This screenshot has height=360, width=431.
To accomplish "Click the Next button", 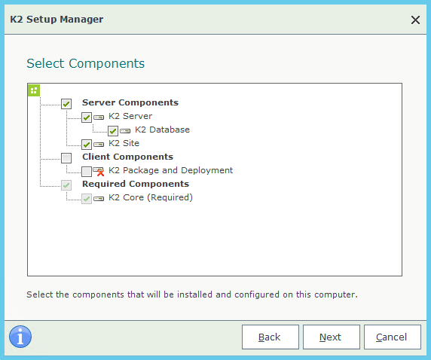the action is point(332,337).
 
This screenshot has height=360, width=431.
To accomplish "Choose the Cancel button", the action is point(393,337).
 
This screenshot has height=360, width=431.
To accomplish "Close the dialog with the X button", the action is point(415,20).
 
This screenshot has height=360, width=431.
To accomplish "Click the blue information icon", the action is point(20,337).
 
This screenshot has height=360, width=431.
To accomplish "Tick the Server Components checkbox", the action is point(66,104).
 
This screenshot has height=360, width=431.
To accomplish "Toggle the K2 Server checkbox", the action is point(87,117).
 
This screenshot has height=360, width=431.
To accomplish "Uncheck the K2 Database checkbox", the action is point(113,131).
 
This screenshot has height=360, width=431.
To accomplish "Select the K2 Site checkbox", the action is point(87,145).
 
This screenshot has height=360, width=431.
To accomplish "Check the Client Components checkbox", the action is point(66,158).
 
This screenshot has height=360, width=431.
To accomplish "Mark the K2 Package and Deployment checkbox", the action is point(87,172).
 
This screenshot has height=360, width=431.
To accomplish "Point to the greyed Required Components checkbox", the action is point(66,185).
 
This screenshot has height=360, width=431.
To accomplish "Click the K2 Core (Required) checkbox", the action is point(87,198).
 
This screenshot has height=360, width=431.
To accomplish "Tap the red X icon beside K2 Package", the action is point(101,173).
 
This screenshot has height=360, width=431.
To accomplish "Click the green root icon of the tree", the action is point(34,90).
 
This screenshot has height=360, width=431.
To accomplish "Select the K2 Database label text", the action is point(163,130).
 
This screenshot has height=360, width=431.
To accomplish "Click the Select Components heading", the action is point(85,63).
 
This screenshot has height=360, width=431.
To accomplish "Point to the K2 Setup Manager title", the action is point(57,20).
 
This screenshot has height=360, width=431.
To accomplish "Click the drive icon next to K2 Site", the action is point(99,145).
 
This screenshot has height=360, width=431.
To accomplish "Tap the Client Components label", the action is point(128,157).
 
